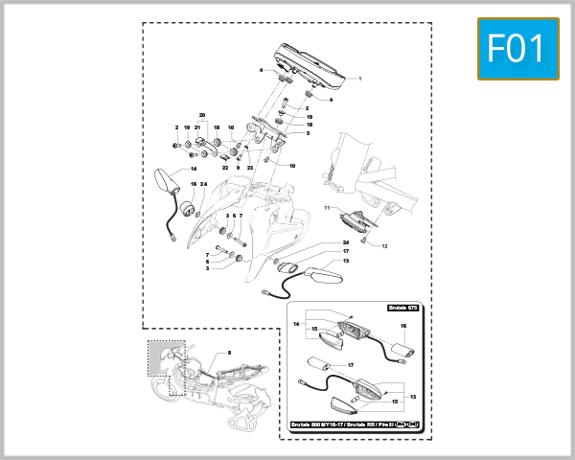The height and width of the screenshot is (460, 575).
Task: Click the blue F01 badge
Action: (517, 49)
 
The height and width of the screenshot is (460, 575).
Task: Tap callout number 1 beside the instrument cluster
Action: (359, 78)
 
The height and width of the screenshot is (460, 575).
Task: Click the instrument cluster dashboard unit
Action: (309, 63)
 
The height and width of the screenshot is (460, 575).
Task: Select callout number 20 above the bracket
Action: (202, 115)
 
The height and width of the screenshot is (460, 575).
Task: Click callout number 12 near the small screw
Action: (384, 246)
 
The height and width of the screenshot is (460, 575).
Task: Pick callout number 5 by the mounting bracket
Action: (308, 134)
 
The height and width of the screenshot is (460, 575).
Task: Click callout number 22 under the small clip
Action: (225, 168)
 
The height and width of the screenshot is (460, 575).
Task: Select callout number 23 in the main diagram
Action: (249, 168)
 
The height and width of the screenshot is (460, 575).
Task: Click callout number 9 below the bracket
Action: (238, 168)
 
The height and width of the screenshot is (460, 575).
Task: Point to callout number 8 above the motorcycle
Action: (229, 354)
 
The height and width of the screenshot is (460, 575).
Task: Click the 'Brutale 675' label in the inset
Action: (403, 308)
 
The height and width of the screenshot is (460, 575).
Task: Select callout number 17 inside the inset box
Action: (350, 365)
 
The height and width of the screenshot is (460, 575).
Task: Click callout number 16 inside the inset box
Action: (403, 327)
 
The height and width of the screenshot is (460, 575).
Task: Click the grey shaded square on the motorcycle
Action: (165, 356)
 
